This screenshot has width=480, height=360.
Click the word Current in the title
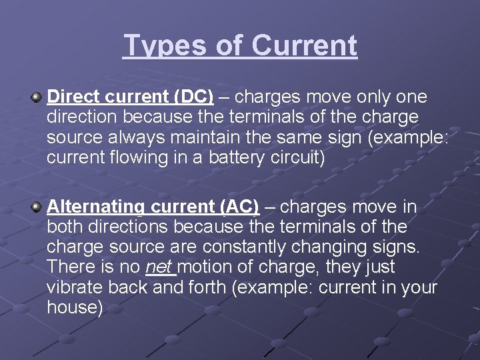pos(305,45)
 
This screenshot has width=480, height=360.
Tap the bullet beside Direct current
pos(36,98)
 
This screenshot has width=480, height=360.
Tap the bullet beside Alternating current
pos(36,207)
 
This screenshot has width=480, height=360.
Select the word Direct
pos(72,97)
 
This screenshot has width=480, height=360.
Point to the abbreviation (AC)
pos(239,207)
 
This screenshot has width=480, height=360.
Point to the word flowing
pos(143,159)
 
